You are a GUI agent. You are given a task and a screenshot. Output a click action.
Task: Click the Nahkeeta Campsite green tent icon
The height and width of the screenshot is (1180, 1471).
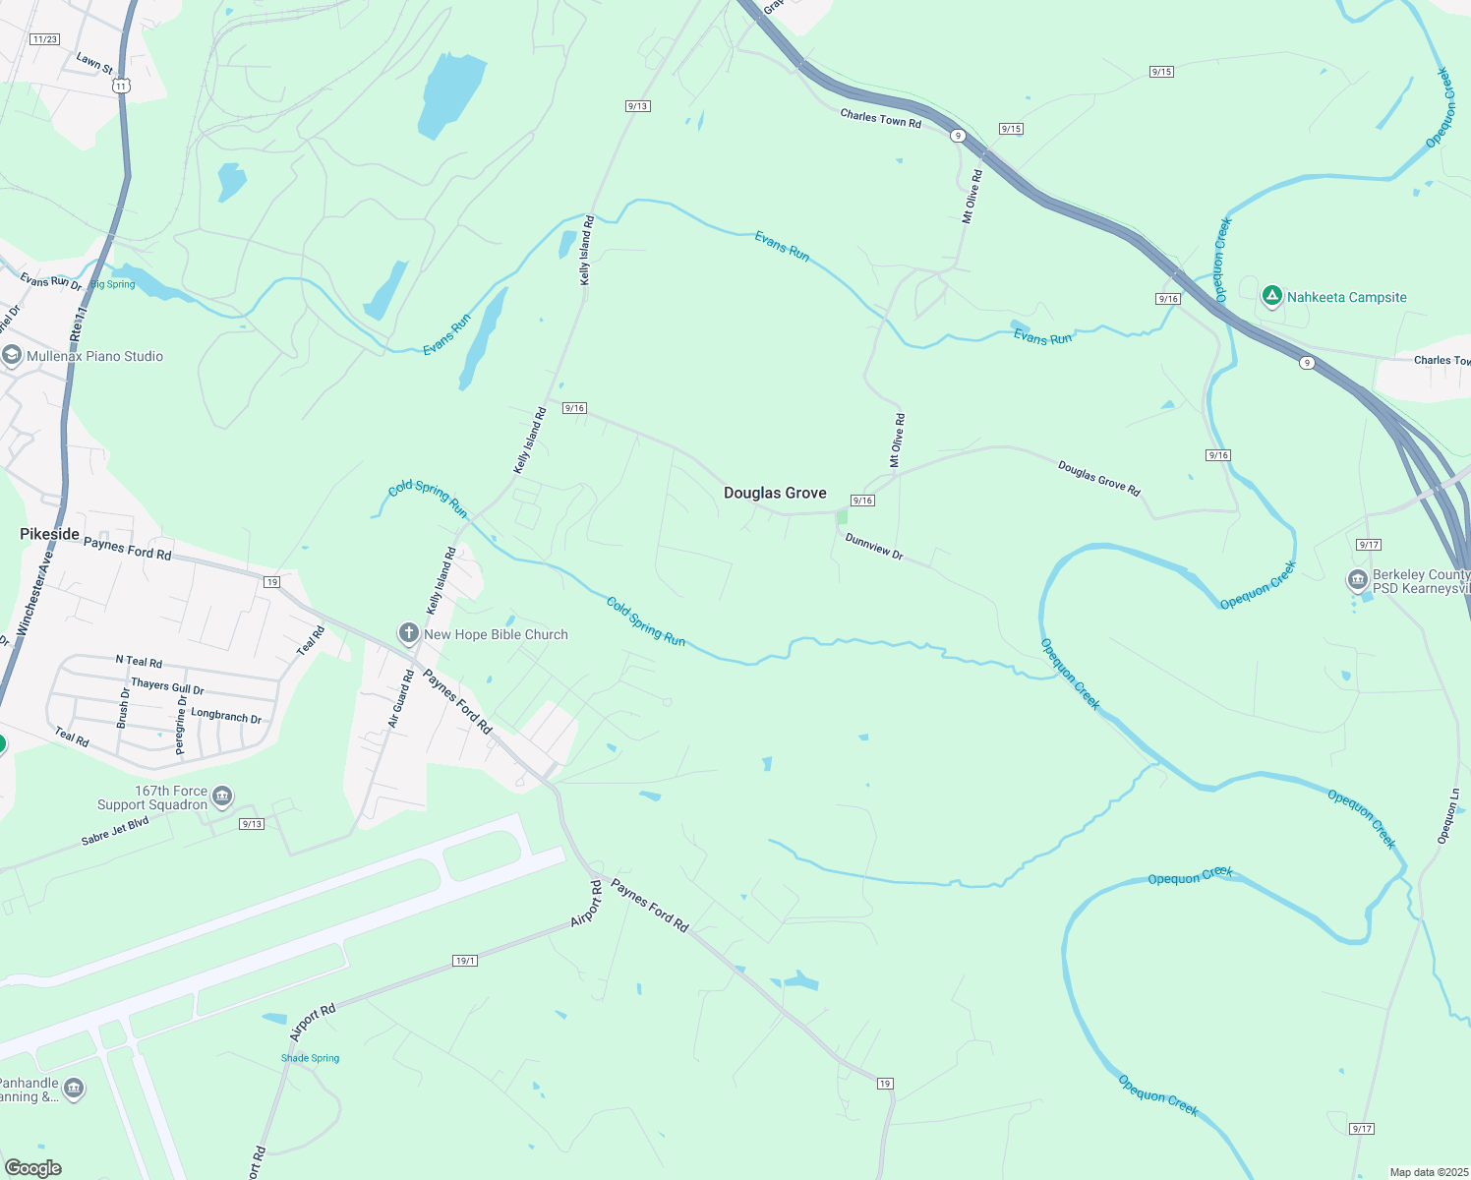[1271, 296]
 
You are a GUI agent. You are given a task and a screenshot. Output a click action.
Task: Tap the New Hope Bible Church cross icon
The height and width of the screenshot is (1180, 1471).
[408, 634]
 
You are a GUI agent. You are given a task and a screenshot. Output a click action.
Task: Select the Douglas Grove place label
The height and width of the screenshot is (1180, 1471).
[775, 493]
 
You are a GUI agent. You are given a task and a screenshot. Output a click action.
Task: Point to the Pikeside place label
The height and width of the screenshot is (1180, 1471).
[49, 534]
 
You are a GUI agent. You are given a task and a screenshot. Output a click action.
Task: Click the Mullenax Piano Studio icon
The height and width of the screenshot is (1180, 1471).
[12, 356]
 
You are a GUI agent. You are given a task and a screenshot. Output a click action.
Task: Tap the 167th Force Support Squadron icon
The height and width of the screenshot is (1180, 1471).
[222, 796]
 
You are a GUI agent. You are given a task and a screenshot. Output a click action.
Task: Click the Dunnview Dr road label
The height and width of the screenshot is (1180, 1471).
[874, 547]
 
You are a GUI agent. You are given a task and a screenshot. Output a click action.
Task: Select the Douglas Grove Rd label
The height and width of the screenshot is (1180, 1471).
[1099, 478]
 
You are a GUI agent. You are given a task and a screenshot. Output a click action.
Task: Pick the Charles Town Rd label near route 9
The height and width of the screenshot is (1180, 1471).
[880, 119]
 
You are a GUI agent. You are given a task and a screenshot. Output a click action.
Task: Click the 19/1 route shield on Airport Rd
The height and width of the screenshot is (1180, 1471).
[465, 960]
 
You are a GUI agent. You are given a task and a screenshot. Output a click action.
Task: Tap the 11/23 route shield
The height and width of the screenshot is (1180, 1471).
[44, 39]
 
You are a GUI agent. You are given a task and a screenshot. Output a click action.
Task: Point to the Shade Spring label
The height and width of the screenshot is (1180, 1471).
[310, 1058]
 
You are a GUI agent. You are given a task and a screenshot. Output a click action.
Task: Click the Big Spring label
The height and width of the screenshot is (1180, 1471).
[113, 284]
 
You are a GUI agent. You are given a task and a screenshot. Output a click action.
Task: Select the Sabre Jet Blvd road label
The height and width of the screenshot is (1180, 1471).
[115, 832]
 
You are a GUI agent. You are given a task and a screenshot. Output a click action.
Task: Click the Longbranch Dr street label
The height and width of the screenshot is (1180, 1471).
[226, 716]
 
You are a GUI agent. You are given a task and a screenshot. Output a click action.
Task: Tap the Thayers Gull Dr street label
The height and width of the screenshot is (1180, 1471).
[167, 685]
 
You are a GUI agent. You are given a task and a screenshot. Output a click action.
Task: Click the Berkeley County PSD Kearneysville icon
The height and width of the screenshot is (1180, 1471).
[1358, 580]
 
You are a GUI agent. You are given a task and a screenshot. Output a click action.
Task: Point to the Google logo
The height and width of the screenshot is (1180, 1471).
[33, 1167]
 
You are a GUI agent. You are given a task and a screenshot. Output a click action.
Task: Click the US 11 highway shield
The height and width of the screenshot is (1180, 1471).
[121, 87]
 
